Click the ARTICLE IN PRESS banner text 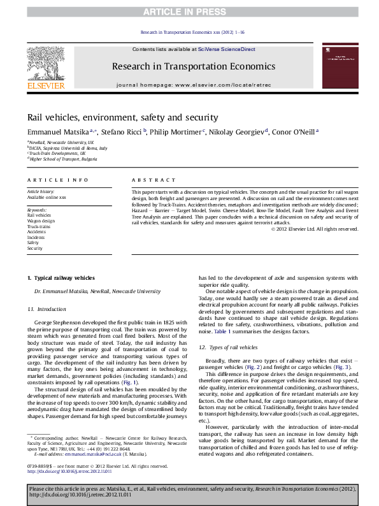pyautogui.click(x=189, y=12)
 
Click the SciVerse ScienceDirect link pyautogui.click(x=226, y=49)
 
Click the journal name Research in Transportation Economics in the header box pyautogui.click(x=193, y=66)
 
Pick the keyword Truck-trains pyautogui.click(x=38, y=226)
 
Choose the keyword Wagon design pyautogui.click(x=40, y=220)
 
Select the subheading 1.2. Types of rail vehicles pyautogui.click(x=228, y=347)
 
